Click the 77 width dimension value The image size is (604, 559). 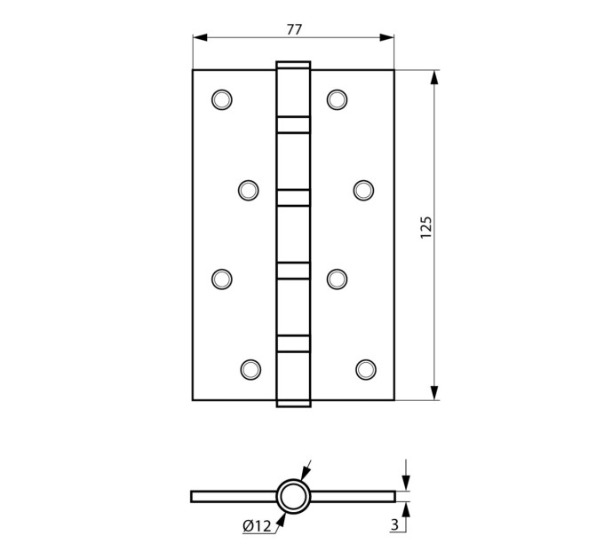click(294, 29)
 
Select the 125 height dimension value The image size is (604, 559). click(426, 228)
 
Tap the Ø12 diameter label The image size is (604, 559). click(257, 525)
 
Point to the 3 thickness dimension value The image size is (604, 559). click(394, 524)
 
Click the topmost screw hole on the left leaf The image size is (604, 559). click(222, 99)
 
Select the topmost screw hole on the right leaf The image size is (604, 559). click(337, 99)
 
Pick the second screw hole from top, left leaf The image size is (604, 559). click(249, 190)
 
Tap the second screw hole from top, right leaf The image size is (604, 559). click(363, 190)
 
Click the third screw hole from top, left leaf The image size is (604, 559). click(222, 279)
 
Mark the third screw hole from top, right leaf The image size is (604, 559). click(337, 279)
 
